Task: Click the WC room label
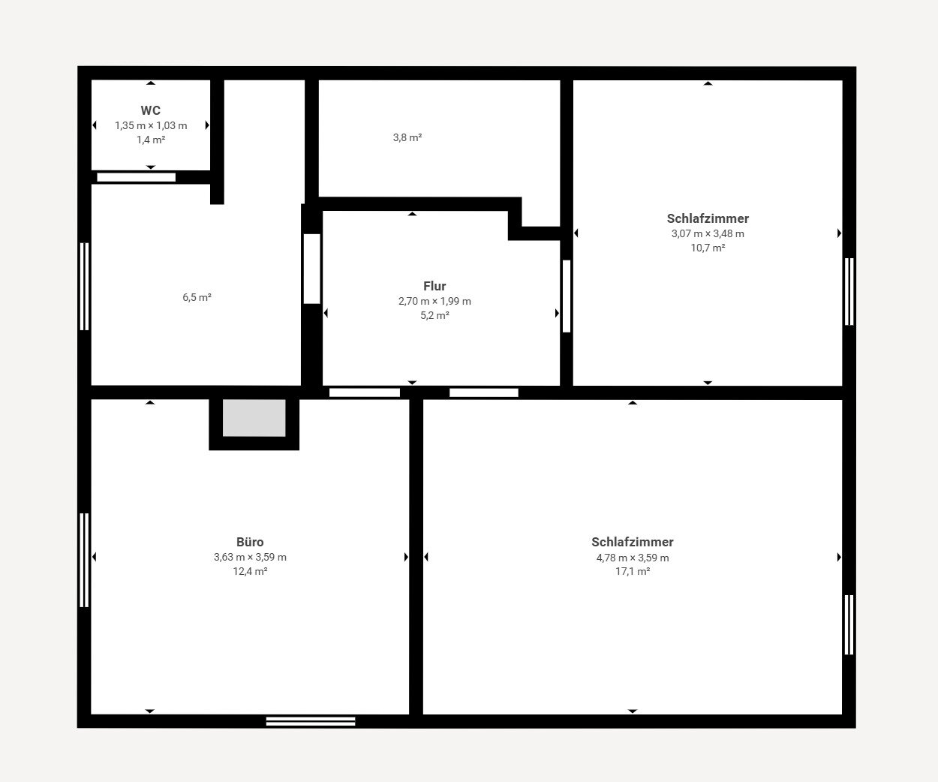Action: (x=151, y=110)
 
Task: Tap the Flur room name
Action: (x=434, y=286)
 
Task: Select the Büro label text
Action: (x=250, y=542)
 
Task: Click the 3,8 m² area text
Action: (x=407, y=137)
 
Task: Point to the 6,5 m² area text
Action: (x=197, y=297)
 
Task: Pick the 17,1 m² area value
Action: (x=633, y=572)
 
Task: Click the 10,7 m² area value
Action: (x=708, y=248)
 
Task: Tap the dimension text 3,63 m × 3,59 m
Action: (x=250, y=558)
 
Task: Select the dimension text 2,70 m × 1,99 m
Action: (x=434, y=302)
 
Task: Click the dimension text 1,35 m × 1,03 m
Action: (x=151, y=126)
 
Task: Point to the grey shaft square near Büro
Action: (x=254, y=418)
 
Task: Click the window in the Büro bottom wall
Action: (x=311, y=721)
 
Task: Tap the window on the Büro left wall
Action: (x=84, y=560)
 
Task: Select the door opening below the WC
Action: (x=136, y=178)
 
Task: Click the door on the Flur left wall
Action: (x=311, y=269)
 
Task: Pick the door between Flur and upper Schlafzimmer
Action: (x=567, y=296)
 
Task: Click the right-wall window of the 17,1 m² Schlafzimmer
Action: (x=849, y=624)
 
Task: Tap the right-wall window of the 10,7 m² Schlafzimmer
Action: (x=849, y=291)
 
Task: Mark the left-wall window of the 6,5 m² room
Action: (x=84, y=287)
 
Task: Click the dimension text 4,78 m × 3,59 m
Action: (x=633, y=558)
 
